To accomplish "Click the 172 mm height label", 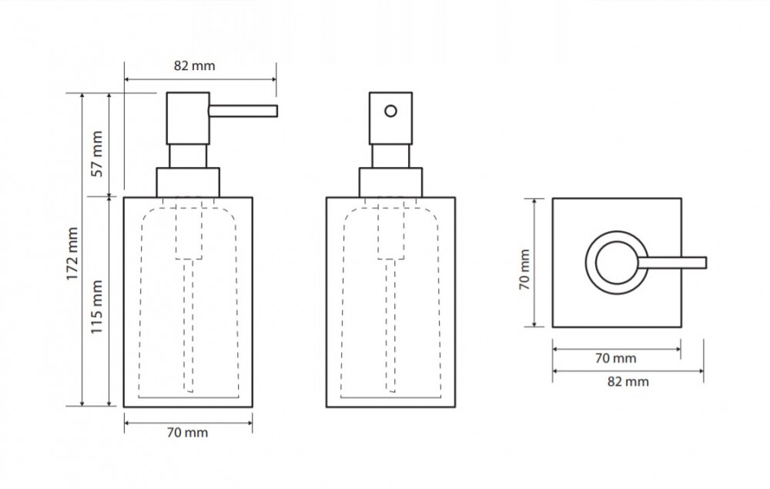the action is coord(72,253).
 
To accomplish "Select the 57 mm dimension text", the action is coord(97,154).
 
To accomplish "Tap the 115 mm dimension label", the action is coord(96,306).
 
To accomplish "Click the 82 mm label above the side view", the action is coord(195,65).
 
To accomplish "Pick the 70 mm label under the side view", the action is coord(187,433).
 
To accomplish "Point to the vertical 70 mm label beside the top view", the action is coord(524,269).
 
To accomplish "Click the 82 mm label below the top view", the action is coord(628,381).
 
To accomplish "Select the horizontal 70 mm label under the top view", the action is coord(616,358).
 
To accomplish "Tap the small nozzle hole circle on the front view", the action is coord(391,111).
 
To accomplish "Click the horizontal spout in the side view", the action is coord(243,111).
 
